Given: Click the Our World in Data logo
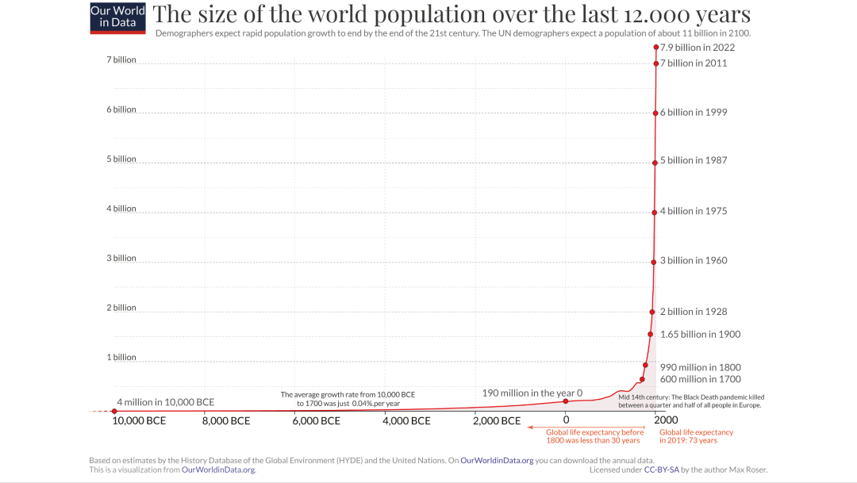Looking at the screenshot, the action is click(x=118, y=18).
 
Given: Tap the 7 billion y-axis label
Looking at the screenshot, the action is click(x=121, y=59).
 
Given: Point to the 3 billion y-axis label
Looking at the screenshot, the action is click(x=121, y=258).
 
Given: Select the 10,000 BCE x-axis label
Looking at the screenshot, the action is click(x=139, y=420).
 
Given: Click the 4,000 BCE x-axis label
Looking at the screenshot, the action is click(x=406, y=420).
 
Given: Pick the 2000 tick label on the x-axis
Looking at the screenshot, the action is click(x=666, y=420).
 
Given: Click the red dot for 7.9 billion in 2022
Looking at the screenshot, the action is click(x=656, y=48).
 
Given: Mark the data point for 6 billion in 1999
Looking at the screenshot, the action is click(x=655, y=113).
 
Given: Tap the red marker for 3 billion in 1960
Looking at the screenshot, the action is click(x=654, y=263).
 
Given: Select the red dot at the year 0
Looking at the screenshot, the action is click(x=566, y=401).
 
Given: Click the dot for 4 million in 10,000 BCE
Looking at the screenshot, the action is click(x=114, y=411).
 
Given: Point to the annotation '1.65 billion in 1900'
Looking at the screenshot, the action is click(x=700, y=335).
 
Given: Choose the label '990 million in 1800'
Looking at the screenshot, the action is click(x=700, y=367).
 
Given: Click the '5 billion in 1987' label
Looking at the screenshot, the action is click(x=694, y=160).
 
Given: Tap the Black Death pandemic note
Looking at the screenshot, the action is click(x=691, y=401).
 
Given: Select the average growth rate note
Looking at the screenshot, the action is click(x=348, y=399).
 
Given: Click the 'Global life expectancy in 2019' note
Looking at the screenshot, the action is click(x=697, y=436).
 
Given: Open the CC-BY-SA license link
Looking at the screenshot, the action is click(x=661, y=470).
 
